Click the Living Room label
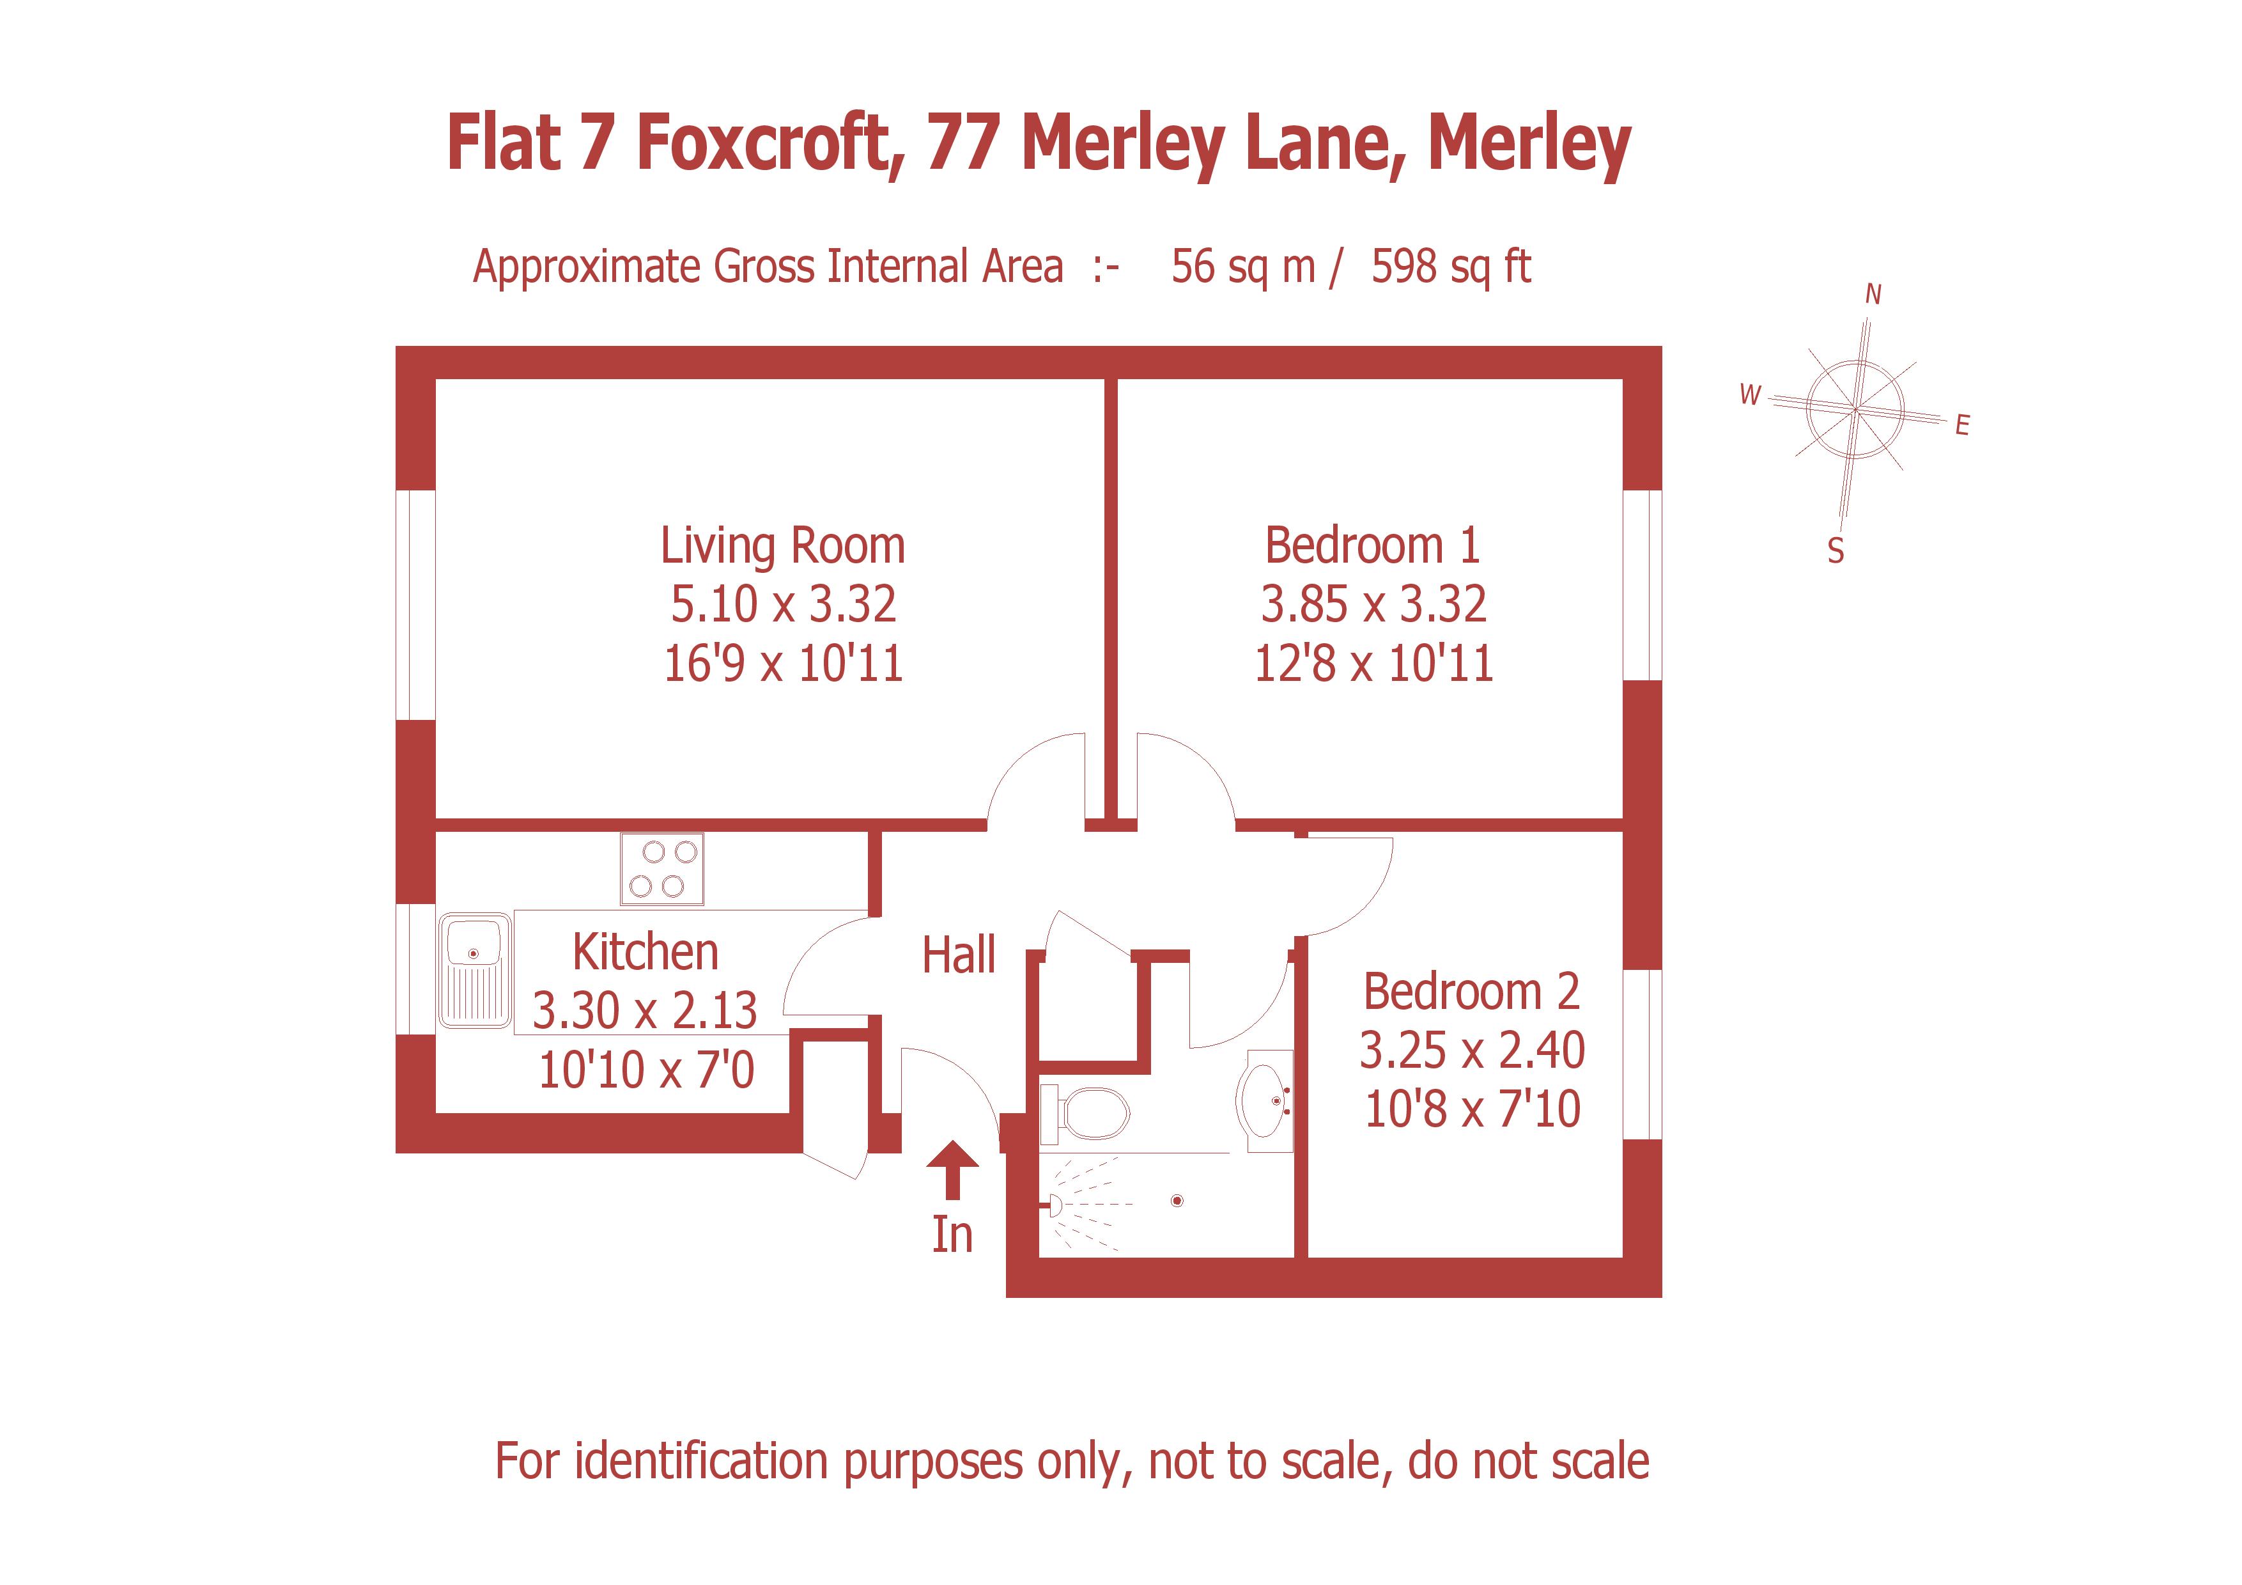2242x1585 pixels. (782, 546)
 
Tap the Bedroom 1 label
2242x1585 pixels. (1372, 546)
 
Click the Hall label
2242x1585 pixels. (959, 955)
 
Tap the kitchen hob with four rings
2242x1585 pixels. (662, 869)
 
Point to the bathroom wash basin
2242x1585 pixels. (1265, 1100)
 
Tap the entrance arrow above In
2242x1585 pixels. (952, 1169)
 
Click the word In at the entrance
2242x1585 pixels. (952, 1235)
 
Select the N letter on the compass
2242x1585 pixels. (1873, 294)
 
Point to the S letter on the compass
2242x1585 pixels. (1836, 552)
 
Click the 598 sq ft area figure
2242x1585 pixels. (1450, 267)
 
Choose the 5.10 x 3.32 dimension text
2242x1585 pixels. (782, 604)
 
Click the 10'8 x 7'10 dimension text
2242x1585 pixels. (1472, 1109)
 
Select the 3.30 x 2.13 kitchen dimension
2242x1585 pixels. (644, 1011)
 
